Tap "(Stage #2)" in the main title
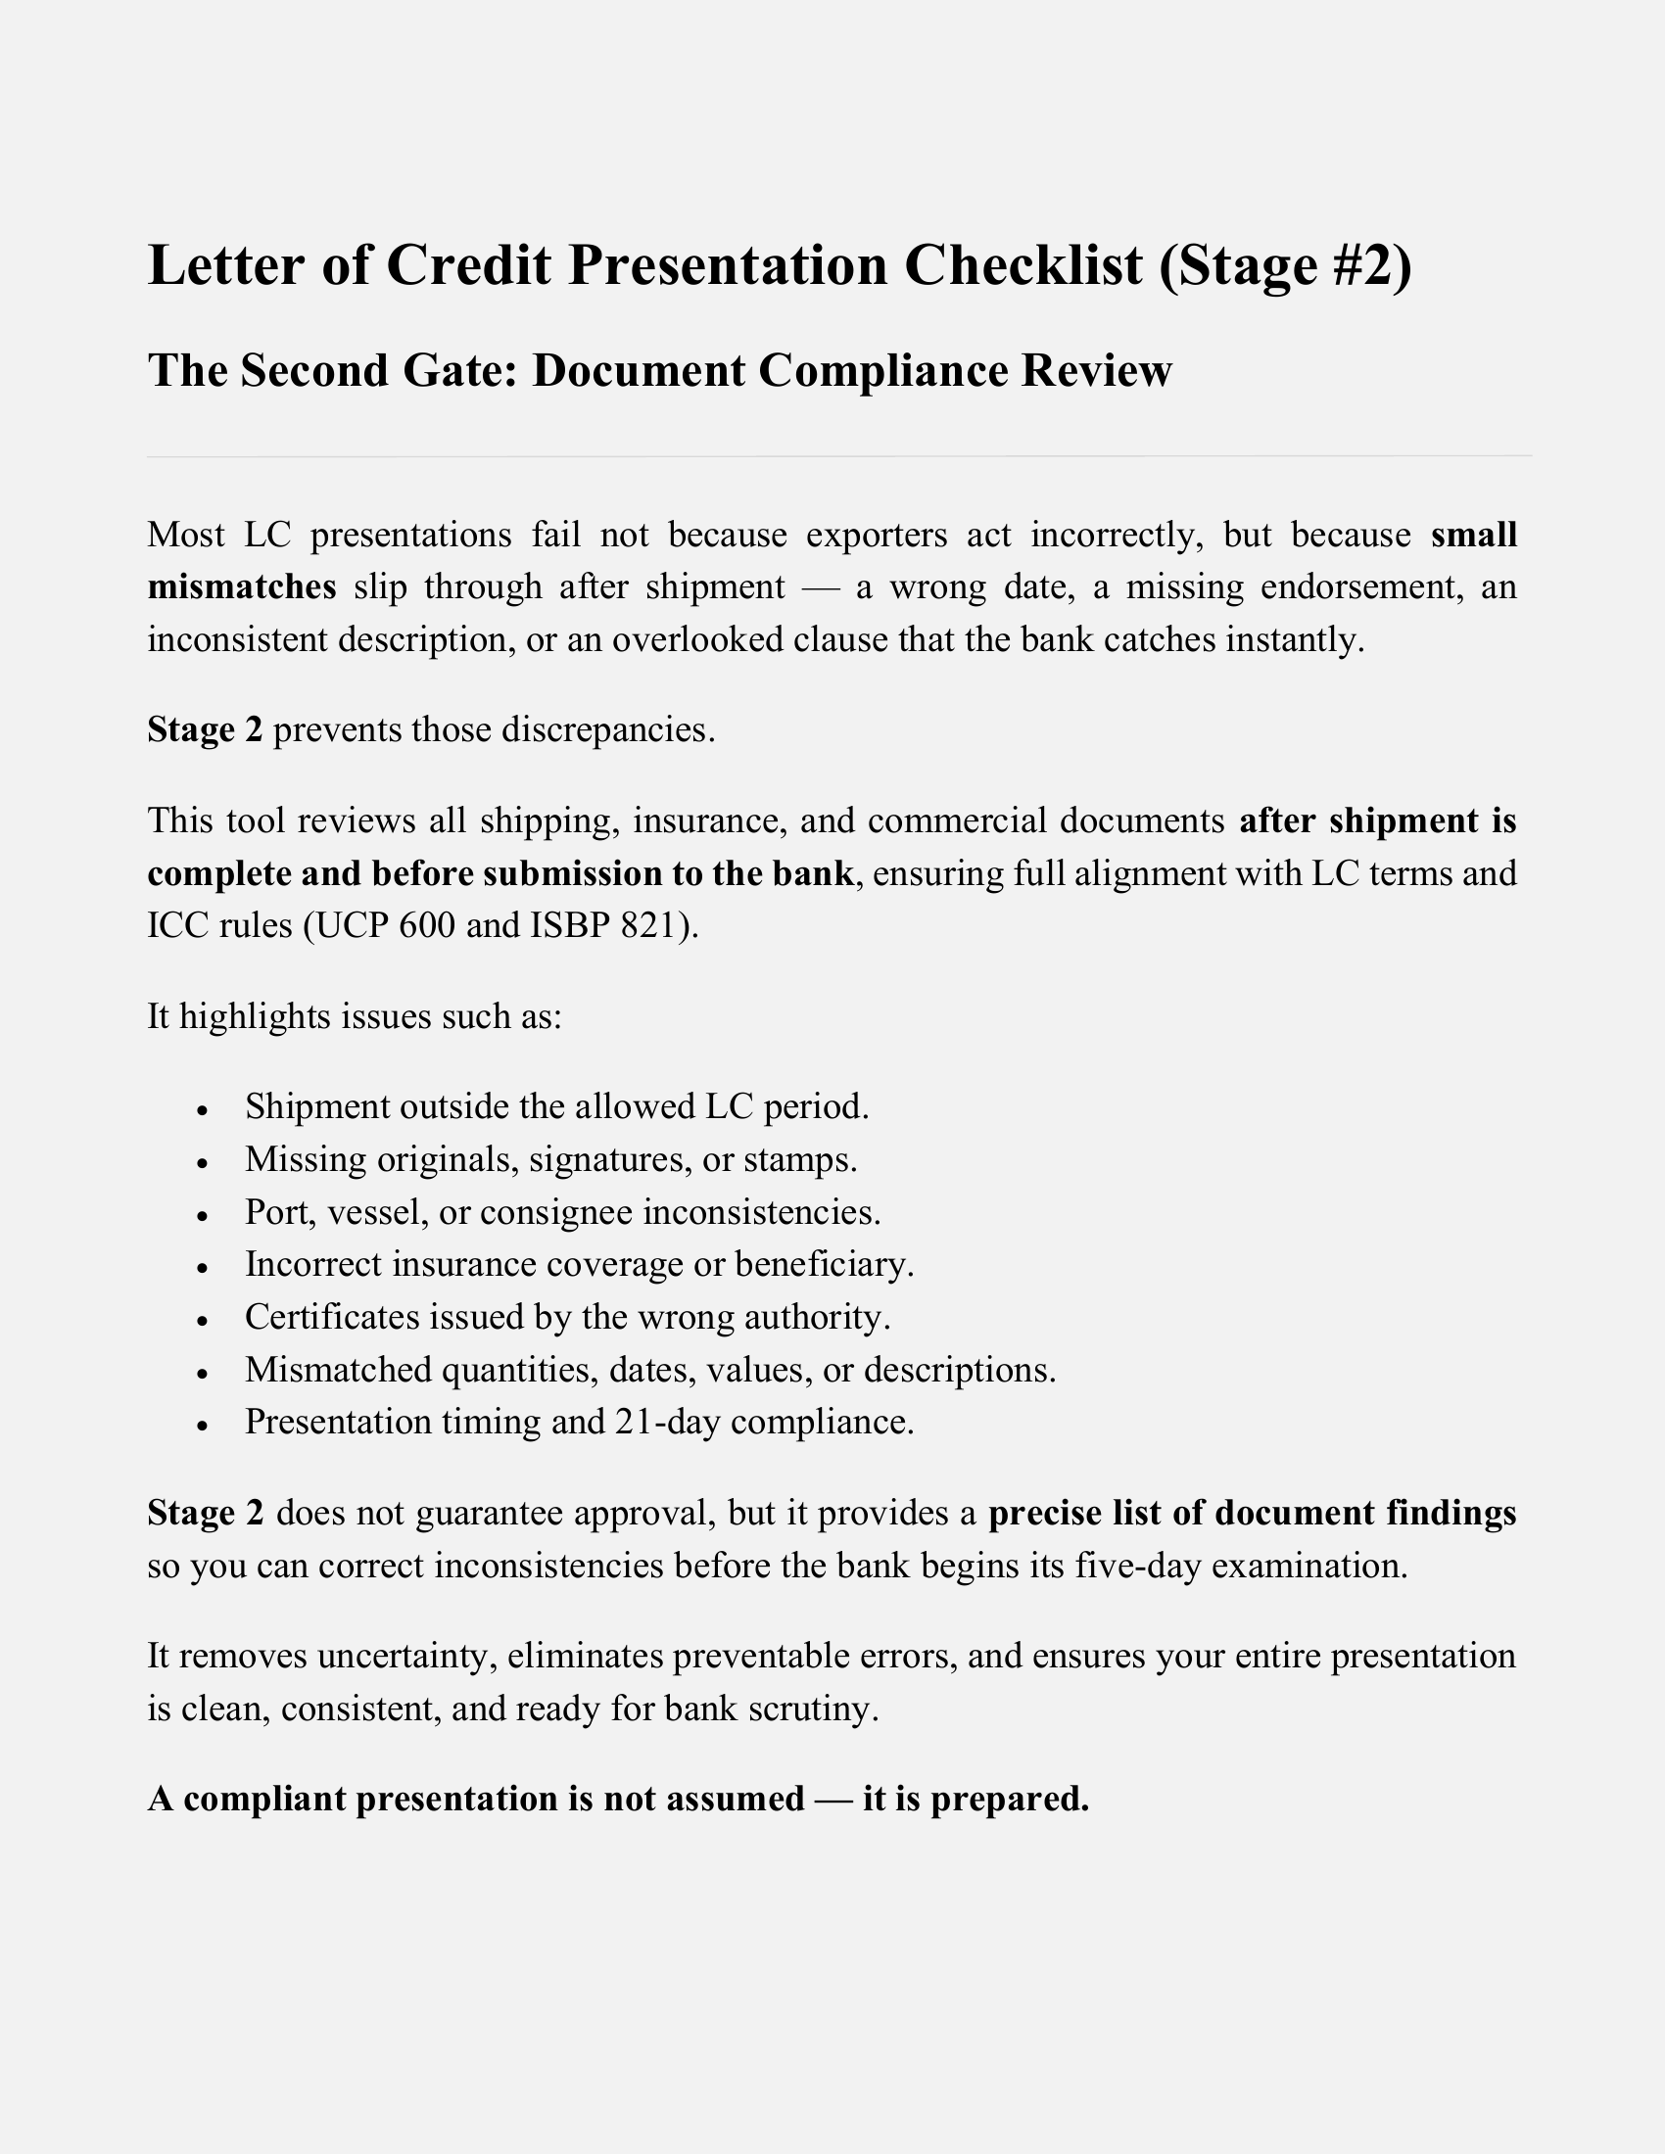click(x=1285, y=265)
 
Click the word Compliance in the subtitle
click(x=882, y=371)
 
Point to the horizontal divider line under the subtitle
click(x=838, y=456)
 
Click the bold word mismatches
click(x=242, y=586)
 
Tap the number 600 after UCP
click(x=425, y=926)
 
